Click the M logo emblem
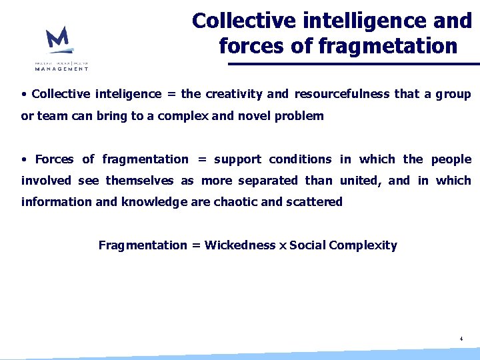pos(58,40)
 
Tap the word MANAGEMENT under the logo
pos(62,68)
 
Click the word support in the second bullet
pos(238,159)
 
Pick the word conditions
pos(300,159)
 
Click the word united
pos(360,181)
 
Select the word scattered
pos(314,202)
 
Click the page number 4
pos(461,339)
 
